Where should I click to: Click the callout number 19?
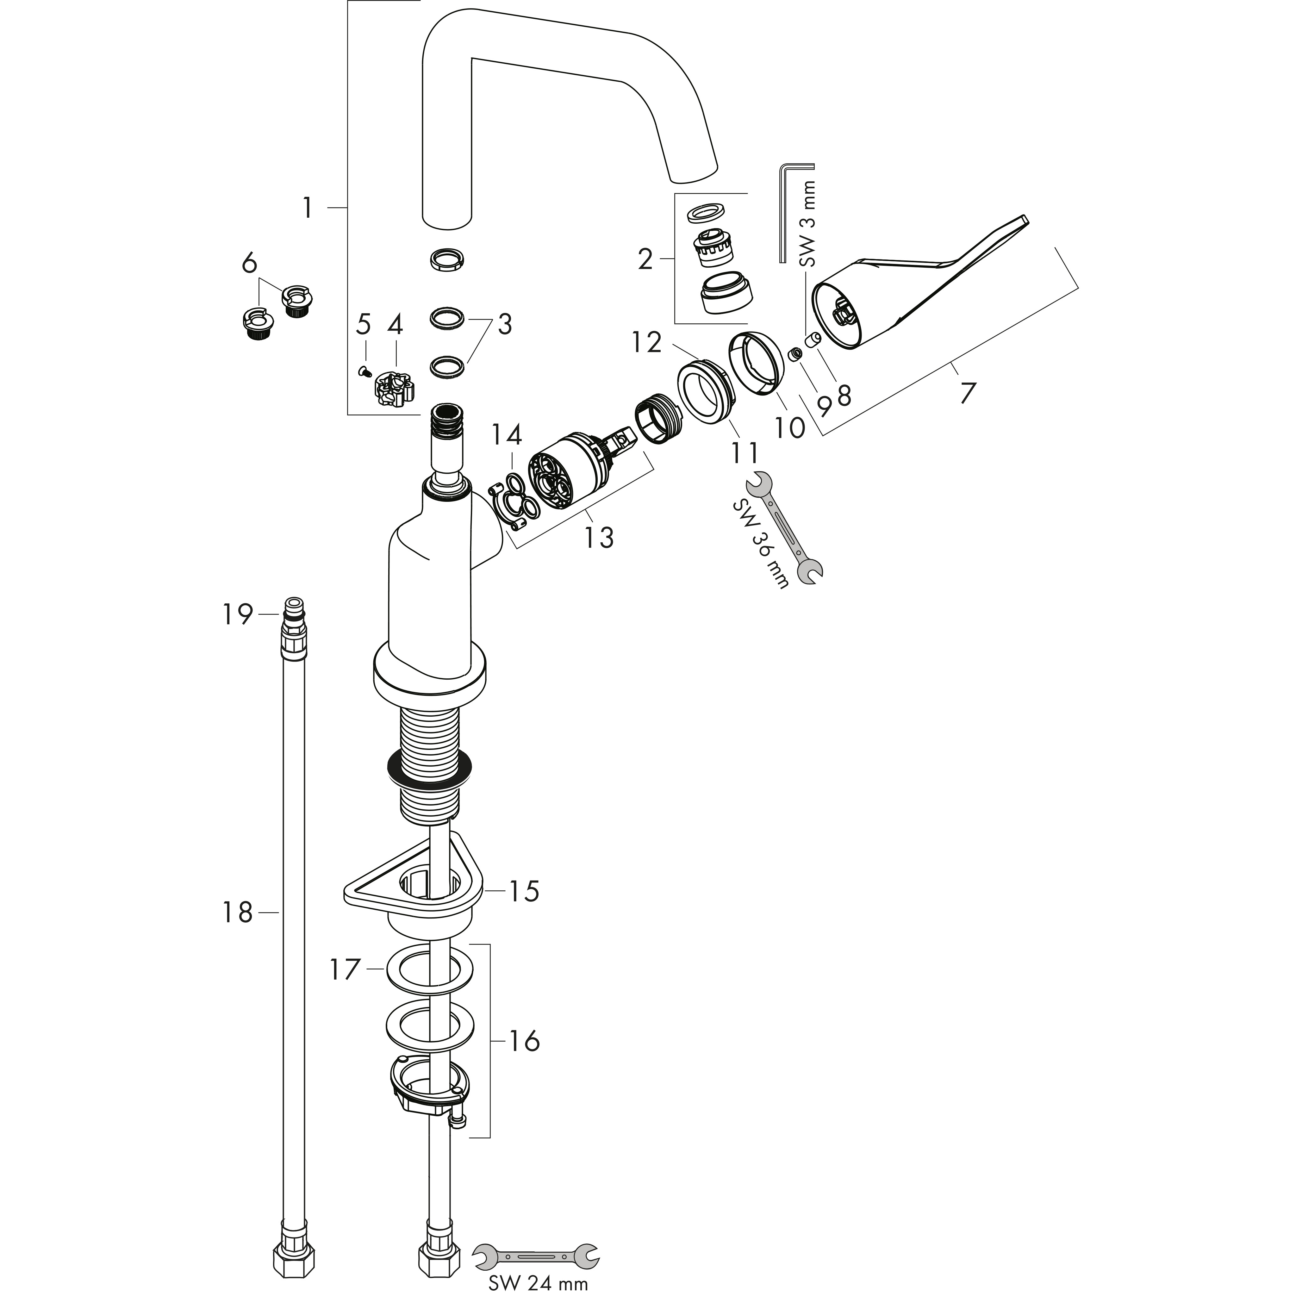[x=238, y=614]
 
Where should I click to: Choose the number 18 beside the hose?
[x=238, y=912]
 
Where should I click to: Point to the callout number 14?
[x=507, y=435]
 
